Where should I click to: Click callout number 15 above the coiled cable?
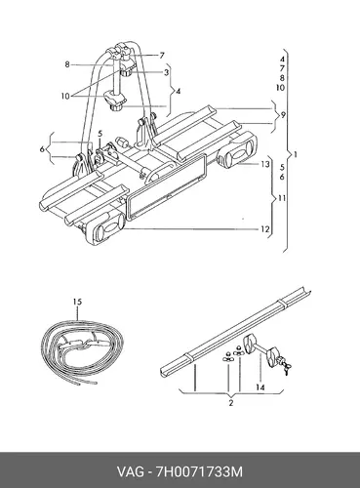pos(77,302)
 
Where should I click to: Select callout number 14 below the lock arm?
pos(260,387)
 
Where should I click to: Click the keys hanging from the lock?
pos(286,368)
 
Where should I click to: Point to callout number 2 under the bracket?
pos(231,403)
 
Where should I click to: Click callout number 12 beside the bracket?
pos(265,229)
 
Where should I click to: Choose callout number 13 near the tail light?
pos(265,164)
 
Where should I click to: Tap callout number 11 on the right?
pos(282,198)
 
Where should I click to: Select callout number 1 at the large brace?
pos(296,154)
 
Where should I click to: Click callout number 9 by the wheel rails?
pos(283,115)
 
